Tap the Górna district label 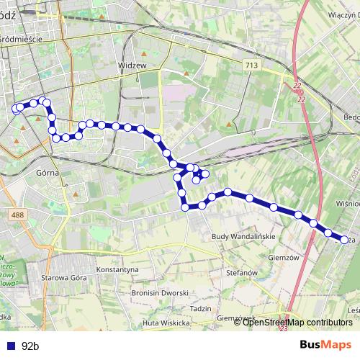tap(46, 174)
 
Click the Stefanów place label tap(242, 274)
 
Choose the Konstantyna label tap(117, 269)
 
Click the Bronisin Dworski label tap(160, 293)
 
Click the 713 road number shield tap(251, 66)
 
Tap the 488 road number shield tap(17, 215)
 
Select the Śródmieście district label tap(22, 39)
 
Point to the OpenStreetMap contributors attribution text tap(297, 323)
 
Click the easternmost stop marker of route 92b tap(344, 240)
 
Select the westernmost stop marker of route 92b tap(16, 109)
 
